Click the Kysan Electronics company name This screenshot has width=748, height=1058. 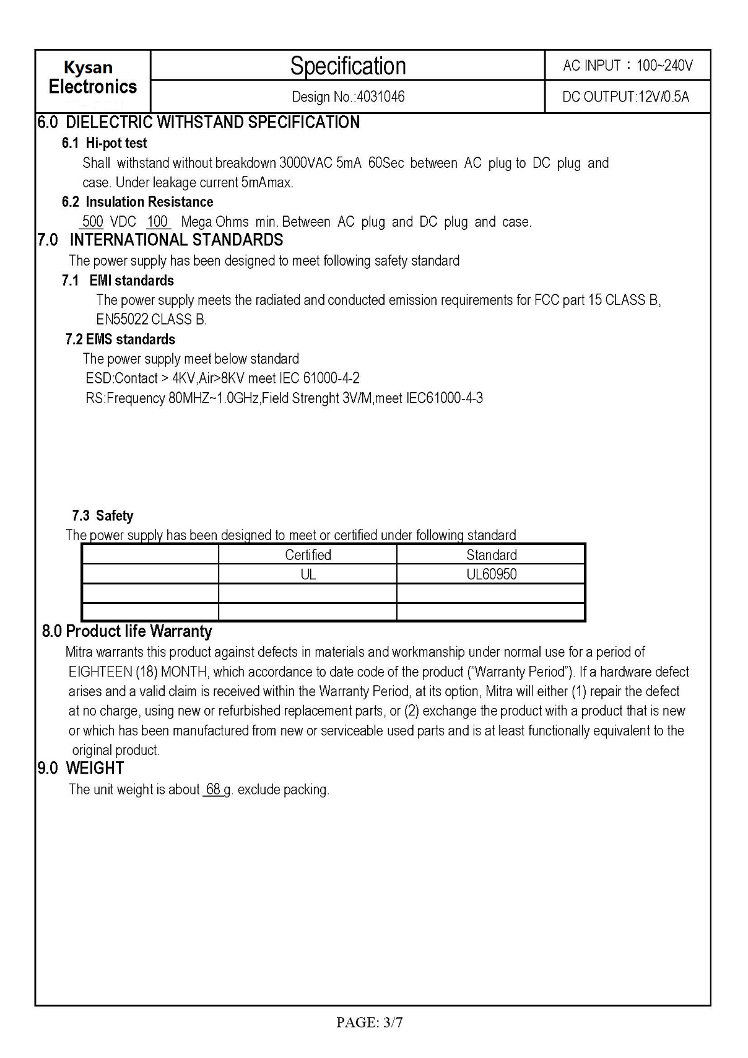click(x=92, y=77)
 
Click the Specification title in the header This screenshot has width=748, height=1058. click(x=348, y=66)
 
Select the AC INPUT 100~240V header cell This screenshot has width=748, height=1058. click(x=627, y=65)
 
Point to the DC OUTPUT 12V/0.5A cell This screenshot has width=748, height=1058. click(x=625, y=97)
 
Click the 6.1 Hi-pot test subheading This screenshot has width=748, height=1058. click(x=104, y=143)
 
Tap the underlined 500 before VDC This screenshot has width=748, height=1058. click(x=92, y=222)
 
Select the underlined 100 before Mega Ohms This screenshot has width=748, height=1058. click(x=157, y=222)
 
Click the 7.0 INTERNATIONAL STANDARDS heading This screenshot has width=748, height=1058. click(x=160, y=240)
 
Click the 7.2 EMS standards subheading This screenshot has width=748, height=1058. click(x=120, y=339)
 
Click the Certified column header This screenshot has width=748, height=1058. click(x=308, y=554)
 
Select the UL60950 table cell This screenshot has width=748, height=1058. click(x=491, y=574)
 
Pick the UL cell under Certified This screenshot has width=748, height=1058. click(x=308, y=574)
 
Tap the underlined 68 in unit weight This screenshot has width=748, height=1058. click(x=214, y=790)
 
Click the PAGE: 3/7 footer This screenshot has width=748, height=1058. click(x=370, y=1023)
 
